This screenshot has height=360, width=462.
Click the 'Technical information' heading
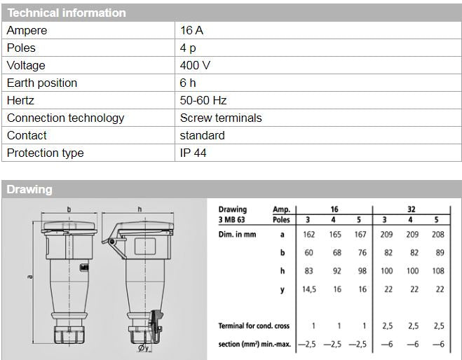coord(67,13)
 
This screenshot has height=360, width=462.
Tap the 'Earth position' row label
coord(42,83)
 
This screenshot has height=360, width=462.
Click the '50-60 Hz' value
coord(203,101)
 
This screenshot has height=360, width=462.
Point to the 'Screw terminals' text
coord(220,118)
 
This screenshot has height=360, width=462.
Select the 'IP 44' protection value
coord(193,153)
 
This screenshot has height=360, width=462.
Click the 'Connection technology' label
coord(65,118)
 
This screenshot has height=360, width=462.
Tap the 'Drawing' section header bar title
coord(29,189)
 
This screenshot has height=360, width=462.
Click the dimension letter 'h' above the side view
coord(140,209)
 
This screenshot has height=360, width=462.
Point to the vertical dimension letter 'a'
coord(30,277)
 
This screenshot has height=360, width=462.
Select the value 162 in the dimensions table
coord(308,235)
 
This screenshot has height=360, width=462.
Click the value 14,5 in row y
coord(308,289)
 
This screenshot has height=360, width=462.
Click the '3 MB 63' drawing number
coord(233,219)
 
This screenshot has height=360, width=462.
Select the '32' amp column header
coord(413,209)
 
